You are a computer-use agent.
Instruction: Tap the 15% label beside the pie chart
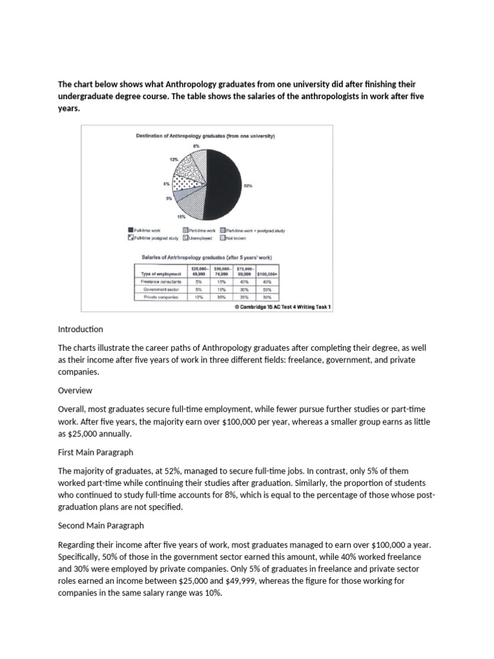pos(172,217)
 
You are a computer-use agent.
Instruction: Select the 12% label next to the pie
pos(174,158)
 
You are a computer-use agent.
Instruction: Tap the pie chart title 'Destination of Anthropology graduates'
pos(205,136)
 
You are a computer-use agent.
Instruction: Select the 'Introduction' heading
pos(80,329)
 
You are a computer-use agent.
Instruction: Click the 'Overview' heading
pos(75,390)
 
